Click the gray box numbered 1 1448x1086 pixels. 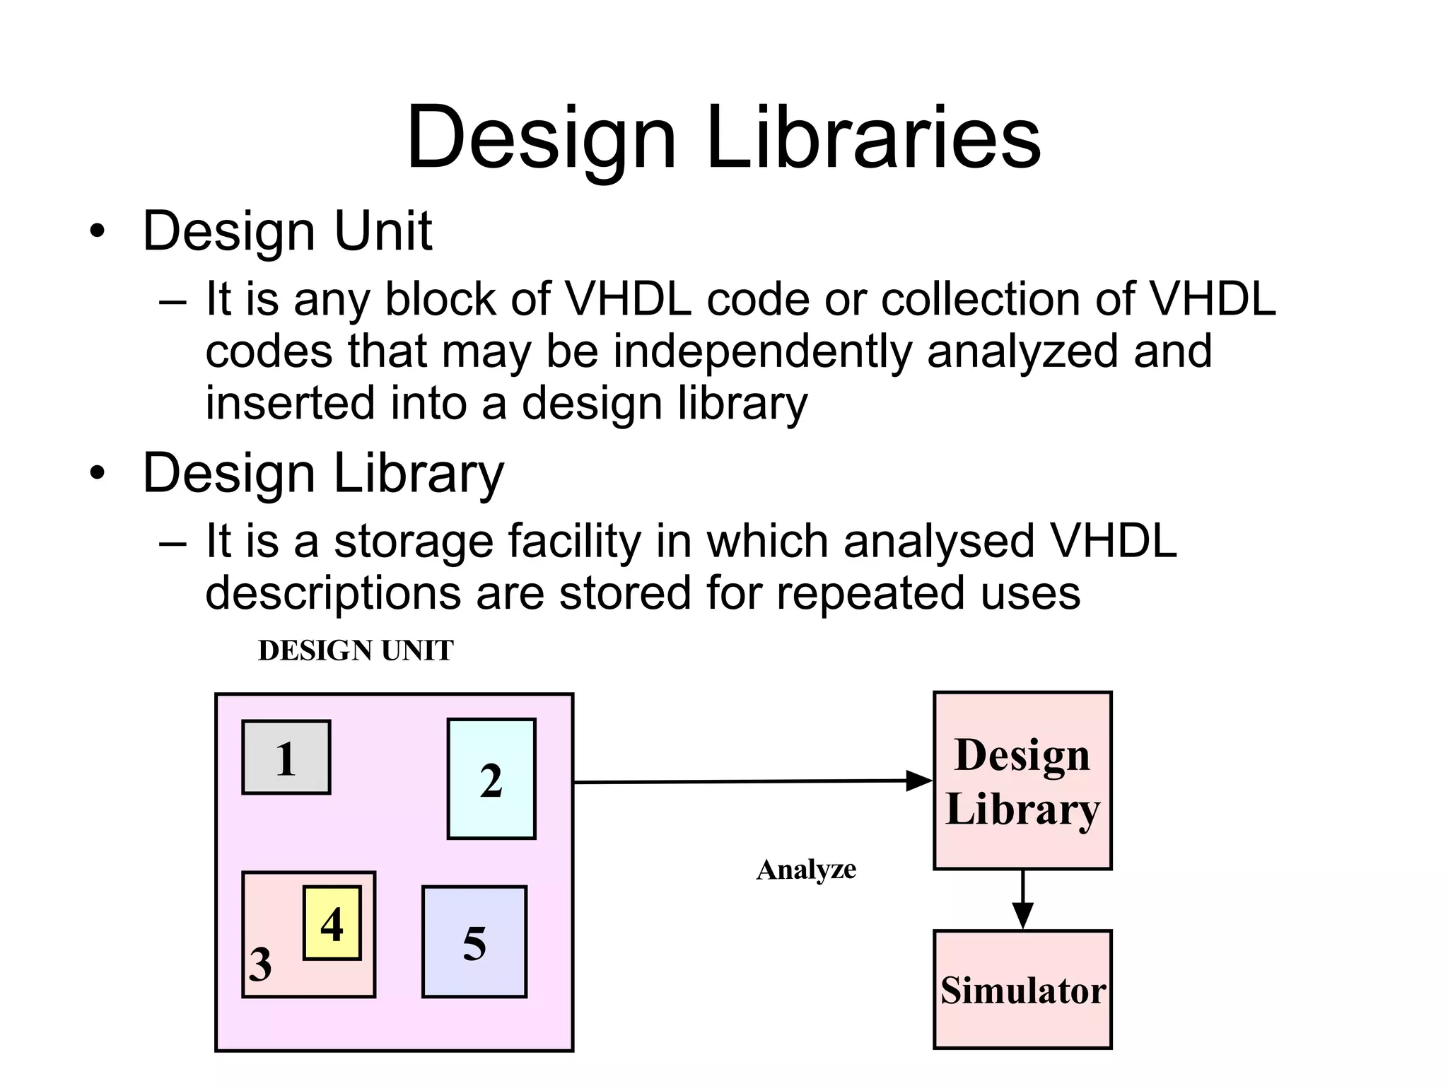click(286, 757)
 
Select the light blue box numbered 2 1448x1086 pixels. click(491, 778)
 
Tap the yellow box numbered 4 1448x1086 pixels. click(332, 923)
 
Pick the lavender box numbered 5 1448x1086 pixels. click(474, 942)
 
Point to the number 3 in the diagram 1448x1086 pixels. click(260, 964)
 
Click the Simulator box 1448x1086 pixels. click(1022, 989)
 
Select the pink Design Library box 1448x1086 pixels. click(1022, 781)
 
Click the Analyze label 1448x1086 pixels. click(806, 870)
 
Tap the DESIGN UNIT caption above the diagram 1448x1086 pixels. click(356, 650)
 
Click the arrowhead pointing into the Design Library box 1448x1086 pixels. click(919, 781)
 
